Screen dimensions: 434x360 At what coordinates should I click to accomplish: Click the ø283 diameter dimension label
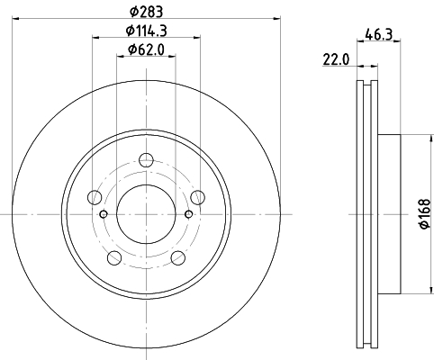click(146, 12)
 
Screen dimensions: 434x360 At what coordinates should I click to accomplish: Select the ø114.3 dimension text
click(146, 31)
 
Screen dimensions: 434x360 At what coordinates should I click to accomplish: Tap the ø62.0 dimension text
click(146, 49)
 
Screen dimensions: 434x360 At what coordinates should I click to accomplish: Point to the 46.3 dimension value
click(379, 34)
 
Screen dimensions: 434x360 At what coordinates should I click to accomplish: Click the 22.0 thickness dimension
click(336, 59)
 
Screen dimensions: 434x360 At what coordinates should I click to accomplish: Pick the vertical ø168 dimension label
click(425, 214)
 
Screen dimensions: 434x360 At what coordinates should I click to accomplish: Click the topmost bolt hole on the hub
click(146, 160)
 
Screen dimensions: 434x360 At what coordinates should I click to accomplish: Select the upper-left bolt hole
click(95, 197)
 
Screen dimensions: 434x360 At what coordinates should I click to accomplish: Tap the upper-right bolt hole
click(198, 197)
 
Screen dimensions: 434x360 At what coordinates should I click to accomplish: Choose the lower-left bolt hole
click(114, 258)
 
